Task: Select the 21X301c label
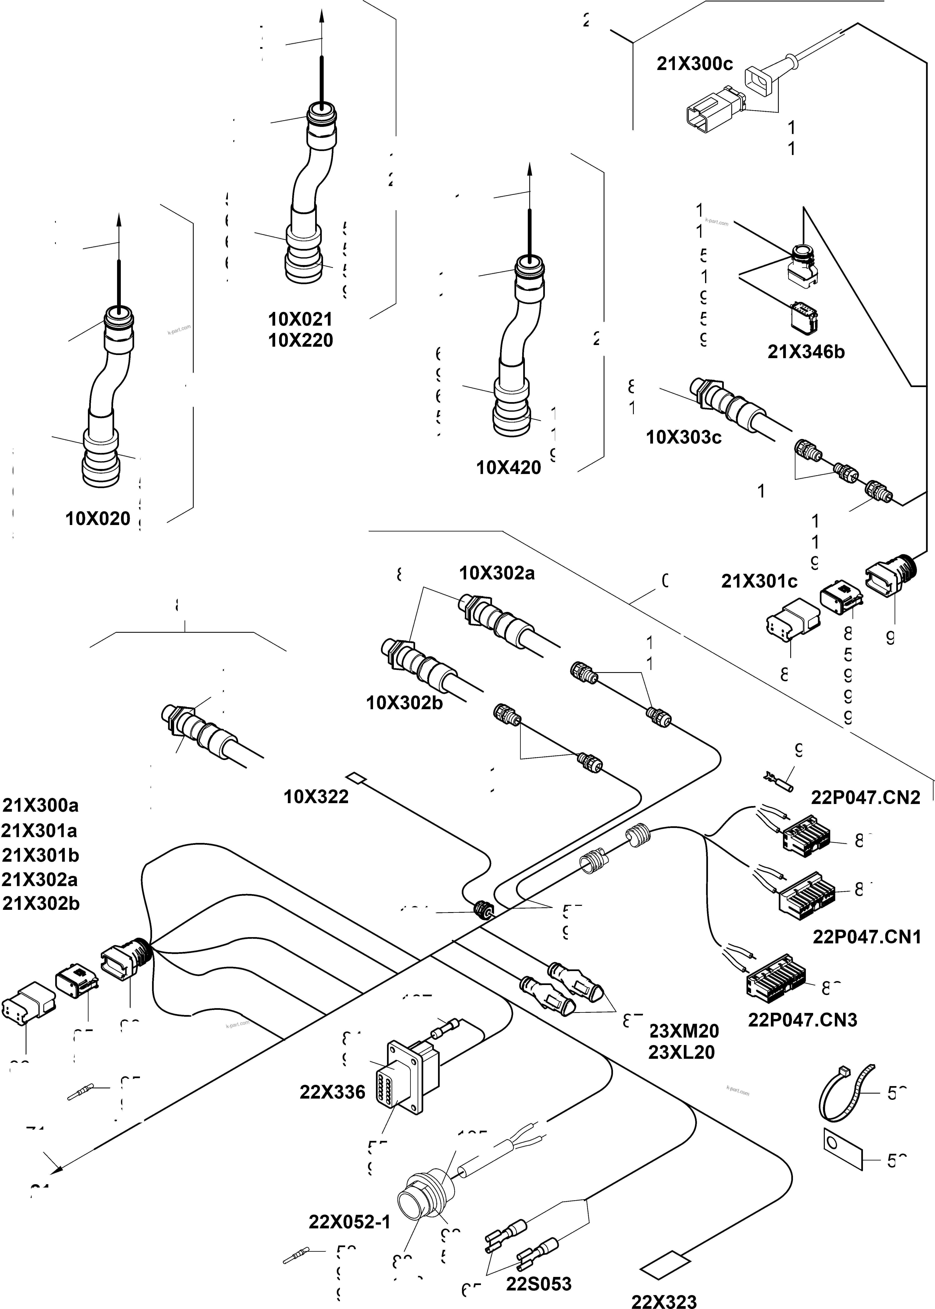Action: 759,582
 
